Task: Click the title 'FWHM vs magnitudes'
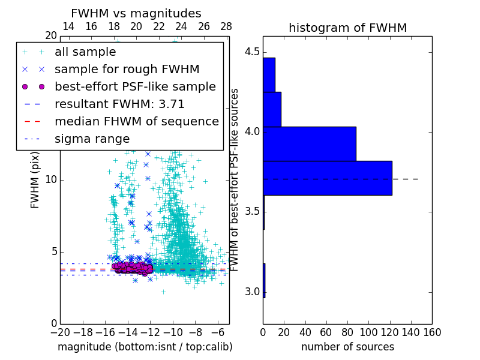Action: click(x=136, y=14)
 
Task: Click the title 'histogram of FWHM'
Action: click(x=347, y=28)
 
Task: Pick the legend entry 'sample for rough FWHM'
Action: click(x=127, y=70)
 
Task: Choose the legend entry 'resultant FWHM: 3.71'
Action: click(x=119, y=104)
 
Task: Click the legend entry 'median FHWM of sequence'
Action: click(x=136, y=122)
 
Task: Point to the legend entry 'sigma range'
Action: click(x=92, y=139)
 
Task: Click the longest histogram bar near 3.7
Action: click(x=327, y=178)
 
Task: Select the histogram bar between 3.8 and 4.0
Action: click(x=309, y=144)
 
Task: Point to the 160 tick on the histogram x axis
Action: click(x=432, y=331)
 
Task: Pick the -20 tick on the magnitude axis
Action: click(x=60, y=331)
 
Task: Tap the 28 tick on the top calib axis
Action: click(x=226, y=27)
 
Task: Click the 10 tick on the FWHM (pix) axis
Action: click(x=50, y=180)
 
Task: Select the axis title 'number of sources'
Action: click(x=347, y=347)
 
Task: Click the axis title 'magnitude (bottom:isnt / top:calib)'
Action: click(x=145, y=347)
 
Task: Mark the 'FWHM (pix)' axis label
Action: click(x=35, y=180)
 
